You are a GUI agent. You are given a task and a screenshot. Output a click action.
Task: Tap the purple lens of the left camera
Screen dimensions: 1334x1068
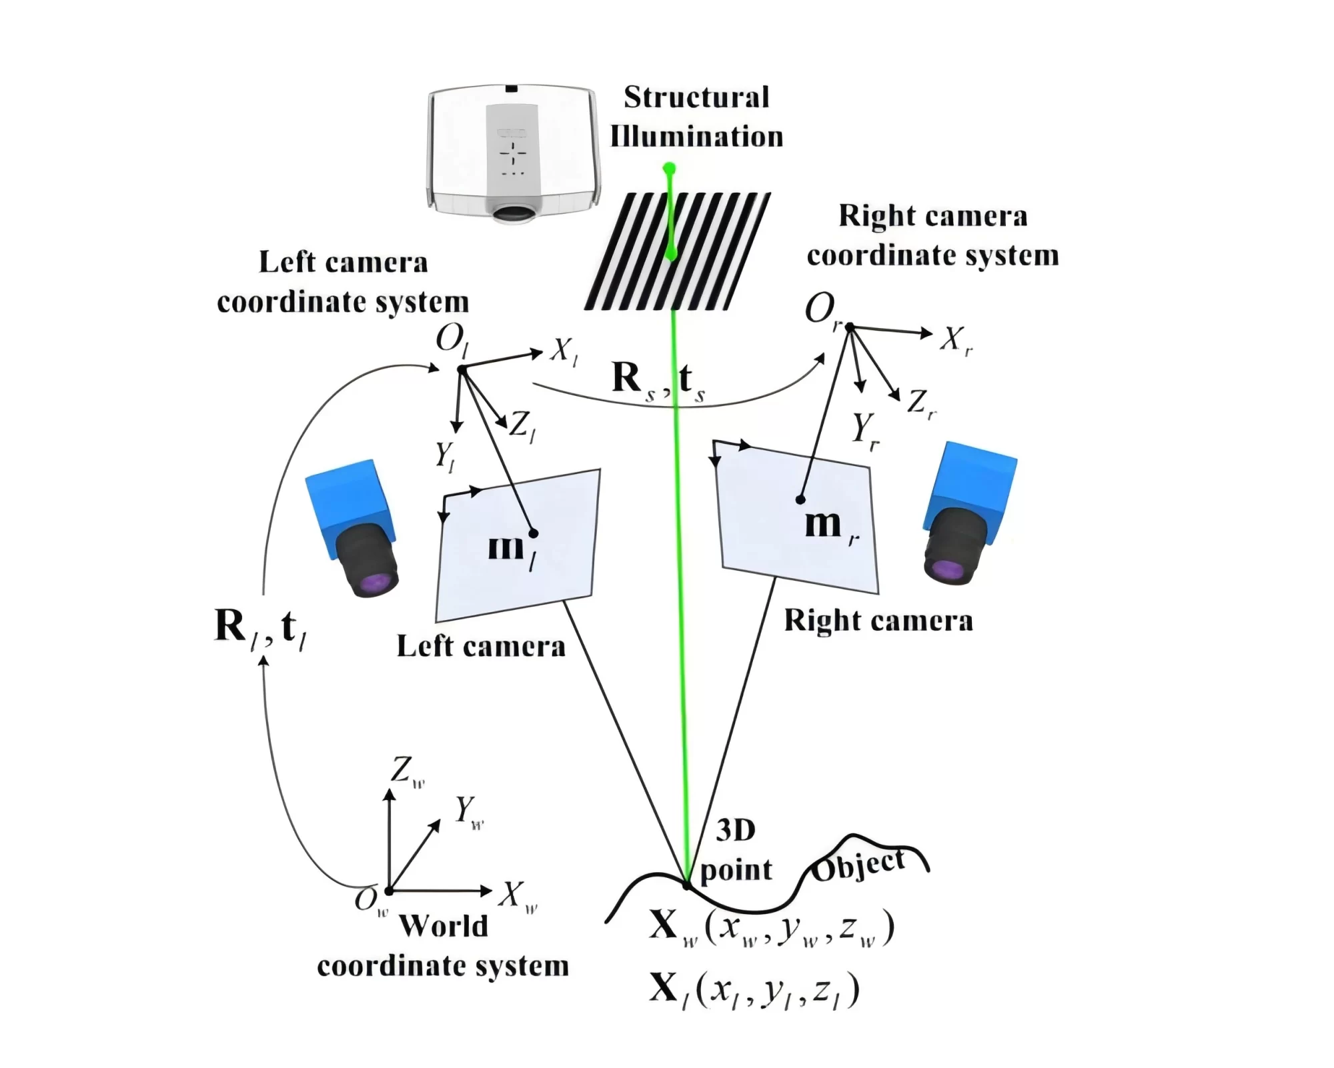click(376, 583)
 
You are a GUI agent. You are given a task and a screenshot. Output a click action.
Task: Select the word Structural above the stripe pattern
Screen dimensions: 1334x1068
click(697, 97)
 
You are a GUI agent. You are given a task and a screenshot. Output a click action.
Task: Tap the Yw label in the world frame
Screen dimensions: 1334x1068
click(470, 812)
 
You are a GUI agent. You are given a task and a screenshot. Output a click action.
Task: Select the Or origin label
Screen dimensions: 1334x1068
click(822, 311)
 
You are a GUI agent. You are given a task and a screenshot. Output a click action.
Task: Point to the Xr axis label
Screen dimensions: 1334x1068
click(956, 341)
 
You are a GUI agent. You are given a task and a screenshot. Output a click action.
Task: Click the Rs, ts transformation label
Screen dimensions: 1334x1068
click(658, 382)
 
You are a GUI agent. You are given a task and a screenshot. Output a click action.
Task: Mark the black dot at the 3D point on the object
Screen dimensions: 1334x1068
click(686, 885)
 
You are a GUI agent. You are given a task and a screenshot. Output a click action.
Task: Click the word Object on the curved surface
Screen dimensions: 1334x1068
click(859, 865)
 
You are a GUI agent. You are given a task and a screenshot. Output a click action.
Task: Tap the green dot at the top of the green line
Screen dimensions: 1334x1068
click(669, 168)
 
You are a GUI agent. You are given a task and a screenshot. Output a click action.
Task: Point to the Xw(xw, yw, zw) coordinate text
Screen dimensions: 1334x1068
click(772, 927)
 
